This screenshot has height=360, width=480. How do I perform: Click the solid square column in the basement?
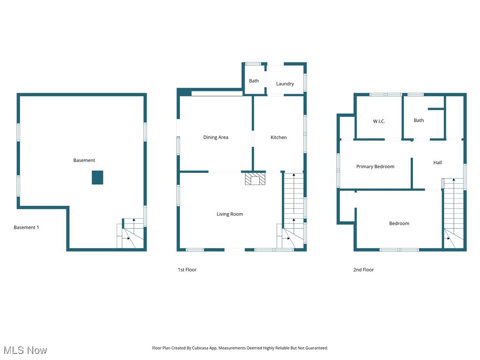(97, 178)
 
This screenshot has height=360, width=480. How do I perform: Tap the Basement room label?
(84, 160)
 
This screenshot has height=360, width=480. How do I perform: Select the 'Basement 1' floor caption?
(26, 227)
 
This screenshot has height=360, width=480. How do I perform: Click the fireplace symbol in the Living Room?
(255, 180)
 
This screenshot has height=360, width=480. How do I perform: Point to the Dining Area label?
(216, 137)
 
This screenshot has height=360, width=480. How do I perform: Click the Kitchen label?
(278, 137)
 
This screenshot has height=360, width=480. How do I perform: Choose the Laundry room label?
(285, 84)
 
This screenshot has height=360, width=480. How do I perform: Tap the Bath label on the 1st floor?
(254, 81)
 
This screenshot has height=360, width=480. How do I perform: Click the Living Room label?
(230, 214)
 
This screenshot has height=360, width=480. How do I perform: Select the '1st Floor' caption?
(187, 270)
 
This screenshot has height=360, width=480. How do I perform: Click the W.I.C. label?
(379, 121)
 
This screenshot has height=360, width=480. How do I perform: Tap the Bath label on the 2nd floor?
(419, 120)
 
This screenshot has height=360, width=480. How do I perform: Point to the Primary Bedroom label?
(375, 166)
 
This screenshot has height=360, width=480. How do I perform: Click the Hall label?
(437, 163)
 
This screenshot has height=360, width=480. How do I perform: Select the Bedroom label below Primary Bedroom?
(399, 224)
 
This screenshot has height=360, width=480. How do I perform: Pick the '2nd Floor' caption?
(363, 270)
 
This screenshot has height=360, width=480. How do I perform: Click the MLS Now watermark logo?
(25, 350)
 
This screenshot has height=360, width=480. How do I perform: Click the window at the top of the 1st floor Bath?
(254, 64)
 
